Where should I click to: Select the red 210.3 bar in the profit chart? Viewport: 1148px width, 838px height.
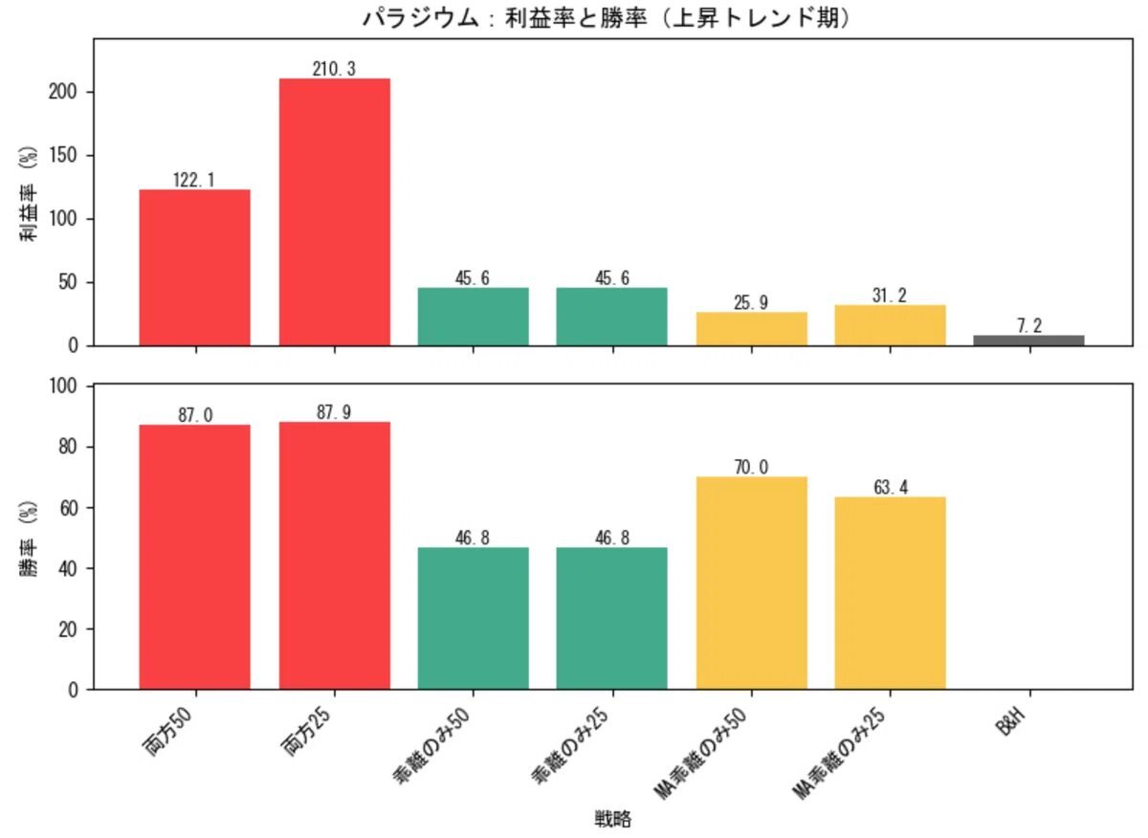334,211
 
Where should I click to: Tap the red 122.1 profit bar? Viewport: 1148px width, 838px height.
195,267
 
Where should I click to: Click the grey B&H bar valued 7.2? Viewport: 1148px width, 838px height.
1028,340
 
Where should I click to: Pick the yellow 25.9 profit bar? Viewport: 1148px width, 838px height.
751,328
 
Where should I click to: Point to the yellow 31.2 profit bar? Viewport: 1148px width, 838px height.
890,325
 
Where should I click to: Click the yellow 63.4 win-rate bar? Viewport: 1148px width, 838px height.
890,592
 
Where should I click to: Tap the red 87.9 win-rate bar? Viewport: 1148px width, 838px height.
334,555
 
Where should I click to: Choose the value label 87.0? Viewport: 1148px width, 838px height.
195,415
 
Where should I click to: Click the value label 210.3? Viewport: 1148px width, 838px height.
334,69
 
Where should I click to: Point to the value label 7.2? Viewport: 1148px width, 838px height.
1029,326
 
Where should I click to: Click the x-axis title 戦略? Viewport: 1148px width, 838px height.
612,819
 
